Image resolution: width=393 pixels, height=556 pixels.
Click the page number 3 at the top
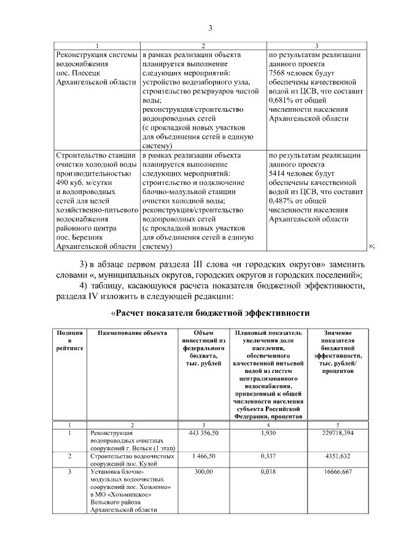pos(209,28)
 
